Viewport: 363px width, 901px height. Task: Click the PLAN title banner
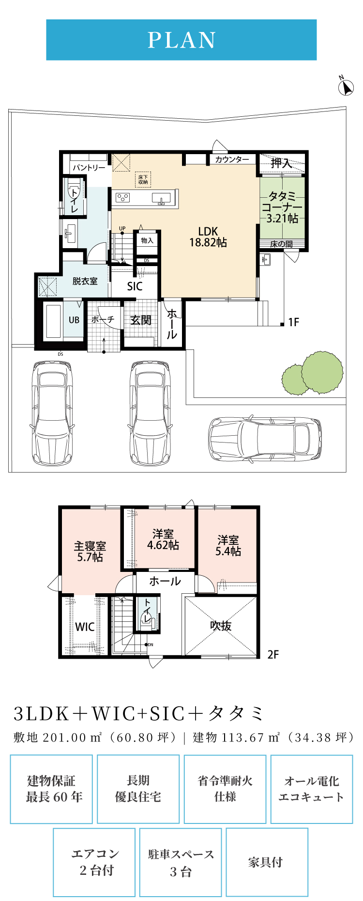pos(181,40)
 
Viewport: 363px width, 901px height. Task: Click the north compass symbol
pos(346,86)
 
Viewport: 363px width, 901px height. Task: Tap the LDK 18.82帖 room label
pos(208,237)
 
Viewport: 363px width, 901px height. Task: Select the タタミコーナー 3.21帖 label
pos(283,207)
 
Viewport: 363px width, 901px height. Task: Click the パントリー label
pos(89,168)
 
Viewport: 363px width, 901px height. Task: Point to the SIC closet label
pos(135,286)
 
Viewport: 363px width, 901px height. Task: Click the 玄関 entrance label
pos(141,320)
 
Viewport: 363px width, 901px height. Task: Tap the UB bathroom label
pos(74,320)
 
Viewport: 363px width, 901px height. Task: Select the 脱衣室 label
pos(85,281)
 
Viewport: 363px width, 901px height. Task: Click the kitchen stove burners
pos(122,197)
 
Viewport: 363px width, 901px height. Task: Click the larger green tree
pos(322,373)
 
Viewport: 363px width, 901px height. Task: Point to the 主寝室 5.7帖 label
pos(90,552)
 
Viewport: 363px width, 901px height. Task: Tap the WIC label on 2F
pos(85,627)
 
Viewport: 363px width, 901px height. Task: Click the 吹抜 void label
pos(221,626)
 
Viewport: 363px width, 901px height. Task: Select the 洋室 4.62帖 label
pos(163,539)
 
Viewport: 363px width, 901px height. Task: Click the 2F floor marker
pos(273,654)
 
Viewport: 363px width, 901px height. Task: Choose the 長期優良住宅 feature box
pos(138,789)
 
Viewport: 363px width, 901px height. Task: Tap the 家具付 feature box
pos(267,862)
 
